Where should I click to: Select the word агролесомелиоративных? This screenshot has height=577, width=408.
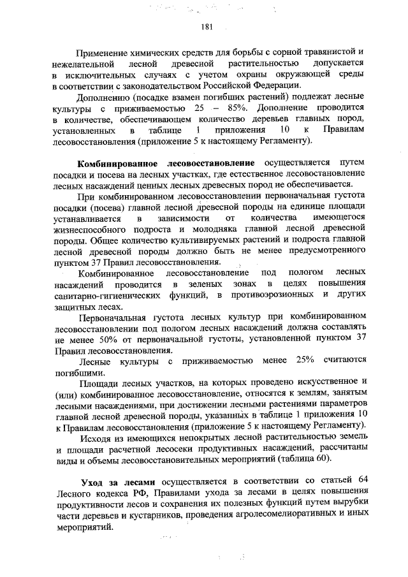pos(252,517)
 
